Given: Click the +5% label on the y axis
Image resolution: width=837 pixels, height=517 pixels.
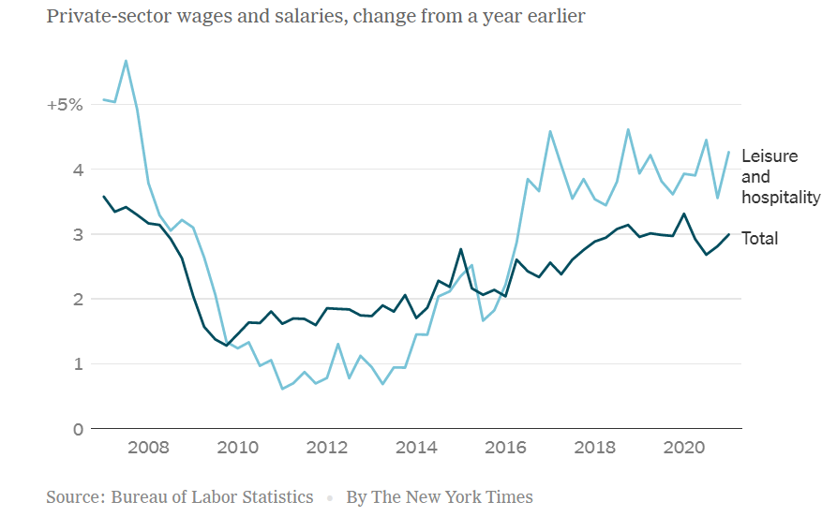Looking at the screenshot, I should [65, 105].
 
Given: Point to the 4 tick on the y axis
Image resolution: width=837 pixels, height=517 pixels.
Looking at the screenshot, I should [78, 170].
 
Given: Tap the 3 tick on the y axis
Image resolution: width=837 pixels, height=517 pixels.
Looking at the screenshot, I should [78, 234].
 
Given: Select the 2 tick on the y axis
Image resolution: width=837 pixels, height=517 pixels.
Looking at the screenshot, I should [78, 299].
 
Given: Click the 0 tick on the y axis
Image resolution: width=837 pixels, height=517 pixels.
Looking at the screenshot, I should [78, 429].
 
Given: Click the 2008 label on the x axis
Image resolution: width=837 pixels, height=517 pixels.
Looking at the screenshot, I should [147, 448].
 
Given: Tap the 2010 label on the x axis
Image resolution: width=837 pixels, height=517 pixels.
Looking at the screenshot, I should [237, 448].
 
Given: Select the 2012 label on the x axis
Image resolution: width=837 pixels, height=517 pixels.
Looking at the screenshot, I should [327, 448].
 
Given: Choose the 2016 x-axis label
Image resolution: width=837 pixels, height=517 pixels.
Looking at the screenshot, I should [506, 448].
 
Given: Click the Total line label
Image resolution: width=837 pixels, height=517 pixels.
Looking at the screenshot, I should [759, 239].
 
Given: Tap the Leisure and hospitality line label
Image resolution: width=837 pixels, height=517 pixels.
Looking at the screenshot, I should [780, 176].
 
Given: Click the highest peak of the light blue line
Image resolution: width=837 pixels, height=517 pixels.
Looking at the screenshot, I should [126, 61].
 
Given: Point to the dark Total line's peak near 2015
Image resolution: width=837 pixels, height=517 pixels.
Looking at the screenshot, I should [461, 249].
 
